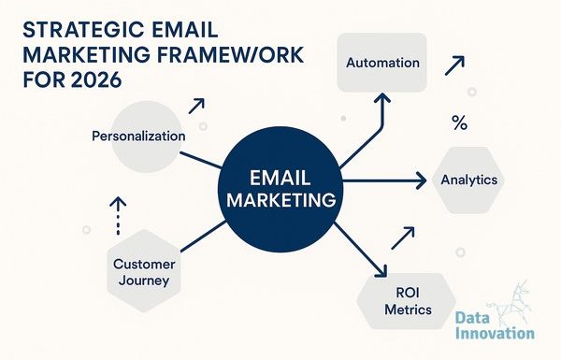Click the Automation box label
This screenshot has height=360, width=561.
382,63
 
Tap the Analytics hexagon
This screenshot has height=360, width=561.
468,180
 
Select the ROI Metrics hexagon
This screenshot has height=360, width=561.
407,301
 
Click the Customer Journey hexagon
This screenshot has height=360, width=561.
144,271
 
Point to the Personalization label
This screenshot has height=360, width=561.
138,136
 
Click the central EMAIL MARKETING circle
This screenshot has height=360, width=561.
280,189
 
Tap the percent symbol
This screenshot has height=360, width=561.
459,122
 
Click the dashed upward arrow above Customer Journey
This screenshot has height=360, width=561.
118,216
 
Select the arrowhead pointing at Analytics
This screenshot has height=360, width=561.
420,180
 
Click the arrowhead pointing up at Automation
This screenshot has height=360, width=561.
382,98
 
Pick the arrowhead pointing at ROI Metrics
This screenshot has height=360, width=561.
381,271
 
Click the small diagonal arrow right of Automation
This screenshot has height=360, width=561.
454,65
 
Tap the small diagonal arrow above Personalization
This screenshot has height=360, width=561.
196,106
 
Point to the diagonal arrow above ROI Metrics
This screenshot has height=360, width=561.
403,238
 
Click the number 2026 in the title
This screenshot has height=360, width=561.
96,79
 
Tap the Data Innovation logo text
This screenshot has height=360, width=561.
496,325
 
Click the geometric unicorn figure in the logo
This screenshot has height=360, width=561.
510,302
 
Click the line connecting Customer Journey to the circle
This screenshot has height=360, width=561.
204,237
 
